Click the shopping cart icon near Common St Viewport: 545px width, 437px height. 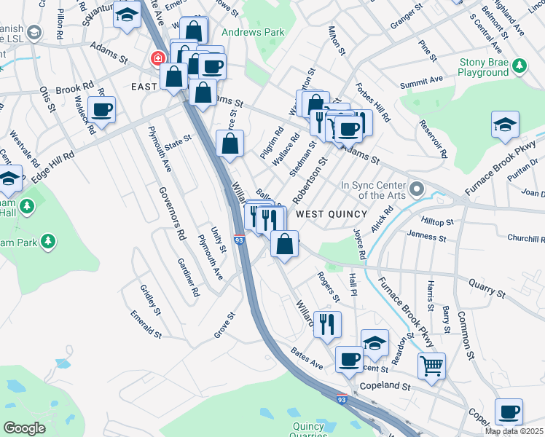[x=432, y=366]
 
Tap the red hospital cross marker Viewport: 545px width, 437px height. [x=157, y=58]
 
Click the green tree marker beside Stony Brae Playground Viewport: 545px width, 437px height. [x=519, y=66]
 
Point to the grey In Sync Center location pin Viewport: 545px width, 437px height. [x=417, y=189]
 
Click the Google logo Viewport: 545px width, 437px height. [x=24, y=428]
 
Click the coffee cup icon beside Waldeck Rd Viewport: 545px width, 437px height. [x=102, y=109]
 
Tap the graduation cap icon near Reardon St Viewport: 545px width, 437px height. [x=375, y=343]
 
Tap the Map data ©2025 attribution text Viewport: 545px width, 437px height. [x=514, y=431]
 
